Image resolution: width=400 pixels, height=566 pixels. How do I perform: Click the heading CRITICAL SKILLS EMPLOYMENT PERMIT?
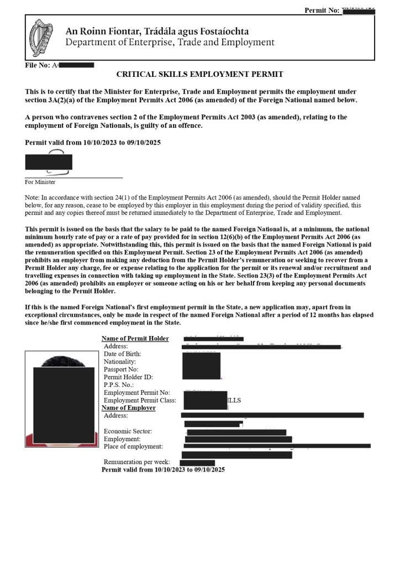pos(199,74)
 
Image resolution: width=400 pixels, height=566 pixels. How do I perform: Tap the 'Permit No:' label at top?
pos(322,11)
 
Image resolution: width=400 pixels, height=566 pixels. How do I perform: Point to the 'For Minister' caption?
pos(40,182)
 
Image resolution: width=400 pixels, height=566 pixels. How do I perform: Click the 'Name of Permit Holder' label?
pos(135,338)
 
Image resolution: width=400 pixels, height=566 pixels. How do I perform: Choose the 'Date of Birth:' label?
pos(122,354)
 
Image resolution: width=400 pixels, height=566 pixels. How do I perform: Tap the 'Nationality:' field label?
pos(119,361)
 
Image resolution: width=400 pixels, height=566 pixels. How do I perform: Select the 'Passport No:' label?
pos(121,369)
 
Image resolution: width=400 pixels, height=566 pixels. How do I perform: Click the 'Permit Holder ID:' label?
pos(128,377)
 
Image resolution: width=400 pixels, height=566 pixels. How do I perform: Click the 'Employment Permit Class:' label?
pos(140,400)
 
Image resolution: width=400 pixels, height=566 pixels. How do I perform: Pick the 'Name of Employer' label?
pos(128,408)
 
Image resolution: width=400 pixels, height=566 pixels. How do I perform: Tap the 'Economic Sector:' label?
pos(128,431)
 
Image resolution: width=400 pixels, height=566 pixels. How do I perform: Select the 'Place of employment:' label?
pos(133,446)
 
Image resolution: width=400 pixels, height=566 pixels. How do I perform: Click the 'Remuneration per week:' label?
pos(136,462)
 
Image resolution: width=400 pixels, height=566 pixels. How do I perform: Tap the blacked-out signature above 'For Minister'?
pos(49,162)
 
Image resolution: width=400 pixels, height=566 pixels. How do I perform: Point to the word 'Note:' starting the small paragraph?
pos(32,197)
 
